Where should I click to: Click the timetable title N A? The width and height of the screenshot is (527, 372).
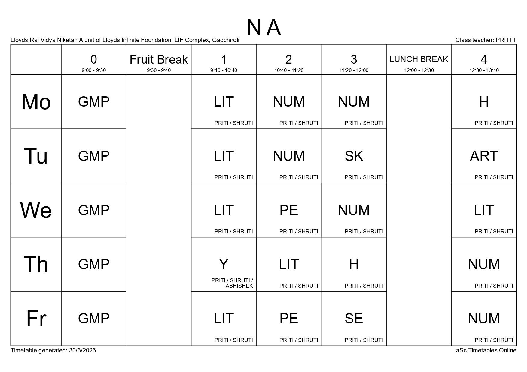[x=263, y=28]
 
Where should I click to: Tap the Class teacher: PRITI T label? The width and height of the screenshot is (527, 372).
[x=486, y=40]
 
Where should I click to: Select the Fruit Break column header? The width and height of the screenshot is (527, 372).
[x=159, y=60]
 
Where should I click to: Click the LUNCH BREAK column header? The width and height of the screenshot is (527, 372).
[x=419, y=59]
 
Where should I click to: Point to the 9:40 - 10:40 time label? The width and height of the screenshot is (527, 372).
[x=224, y=70]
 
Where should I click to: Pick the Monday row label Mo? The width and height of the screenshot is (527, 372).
[x=36, y=102]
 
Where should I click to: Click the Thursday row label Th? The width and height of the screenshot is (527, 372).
[x=36, y=264]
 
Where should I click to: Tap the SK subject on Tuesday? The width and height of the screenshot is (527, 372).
[x=354, y=156]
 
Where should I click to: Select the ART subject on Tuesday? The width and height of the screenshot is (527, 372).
[x=484, y=156]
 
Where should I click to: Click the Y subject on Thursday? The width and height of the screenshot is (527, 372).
[x=224, y=264]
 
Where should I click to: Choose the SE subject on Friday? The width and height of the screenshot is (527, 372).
[x=354, y=319]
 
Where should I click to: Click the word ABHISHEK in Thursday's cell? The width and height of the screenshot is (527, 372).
[x=239, y=286]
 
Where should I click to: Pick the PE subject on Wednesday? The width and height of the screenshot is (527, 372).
[x=288, y=210]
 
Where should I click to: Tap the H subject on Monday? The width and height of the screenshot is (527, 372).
[x=484, y=102]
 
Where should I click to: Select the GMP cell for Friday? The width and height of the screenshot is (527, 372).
[x=94, y=319]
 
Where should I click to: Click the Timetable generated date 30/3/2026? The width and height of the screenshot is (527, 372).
[x=82, y=350]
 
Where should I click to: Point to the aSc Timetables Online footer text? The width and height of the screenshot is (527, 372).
[x=486, y=350]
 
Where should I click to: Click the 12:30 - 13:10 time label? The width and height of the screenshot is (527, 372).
[x=484, y=70]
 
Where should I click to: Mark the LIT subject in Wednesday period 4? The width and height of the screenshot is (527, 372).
[x=484, y=210]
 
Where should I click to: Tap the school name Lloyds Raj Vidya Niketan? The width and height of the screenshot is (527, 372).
[x=44, y=40]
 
